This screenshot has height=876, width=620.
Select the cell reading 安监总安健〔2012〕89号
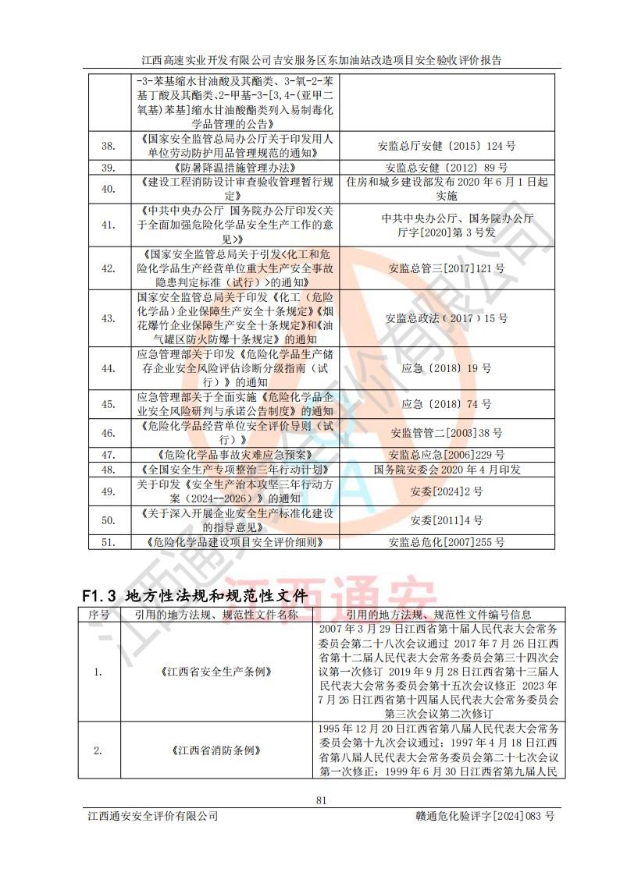[447, 167]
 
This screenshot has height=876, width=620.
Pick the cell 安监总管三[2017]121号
[447, 268]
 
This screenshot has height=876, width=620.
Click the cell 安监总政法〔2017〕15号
[447, 318]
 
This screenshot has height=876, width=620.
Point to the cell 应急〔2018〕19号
[447, 367]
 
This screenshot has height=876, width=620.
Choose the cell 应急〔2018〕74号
[447, 404]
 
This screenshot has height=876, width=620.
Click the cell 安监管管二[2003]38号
[447, 432]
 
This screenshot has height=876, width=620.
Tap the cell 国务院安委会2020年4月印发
[447, 470]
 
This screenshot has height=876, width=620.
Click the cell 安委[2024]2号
[447, 491]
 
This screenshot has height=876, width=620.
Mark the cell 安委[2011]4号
[447, 520]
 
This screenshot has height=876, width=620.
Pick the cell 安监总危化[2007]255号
[447, 541]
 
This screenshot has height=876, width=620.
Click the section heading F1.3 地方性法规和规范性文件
[194, 595]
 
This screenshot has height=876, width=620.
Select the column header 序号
[98, 615]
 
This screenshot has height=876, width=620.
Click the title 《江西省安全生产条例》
[216, 671]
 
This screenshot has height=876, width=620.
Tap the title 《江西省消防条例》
[216, 750]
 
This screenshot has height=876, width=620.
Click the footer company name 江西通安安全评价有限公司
[152, 816]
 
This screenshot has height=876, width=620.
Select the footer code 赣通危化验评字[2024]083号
[486, 816]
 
